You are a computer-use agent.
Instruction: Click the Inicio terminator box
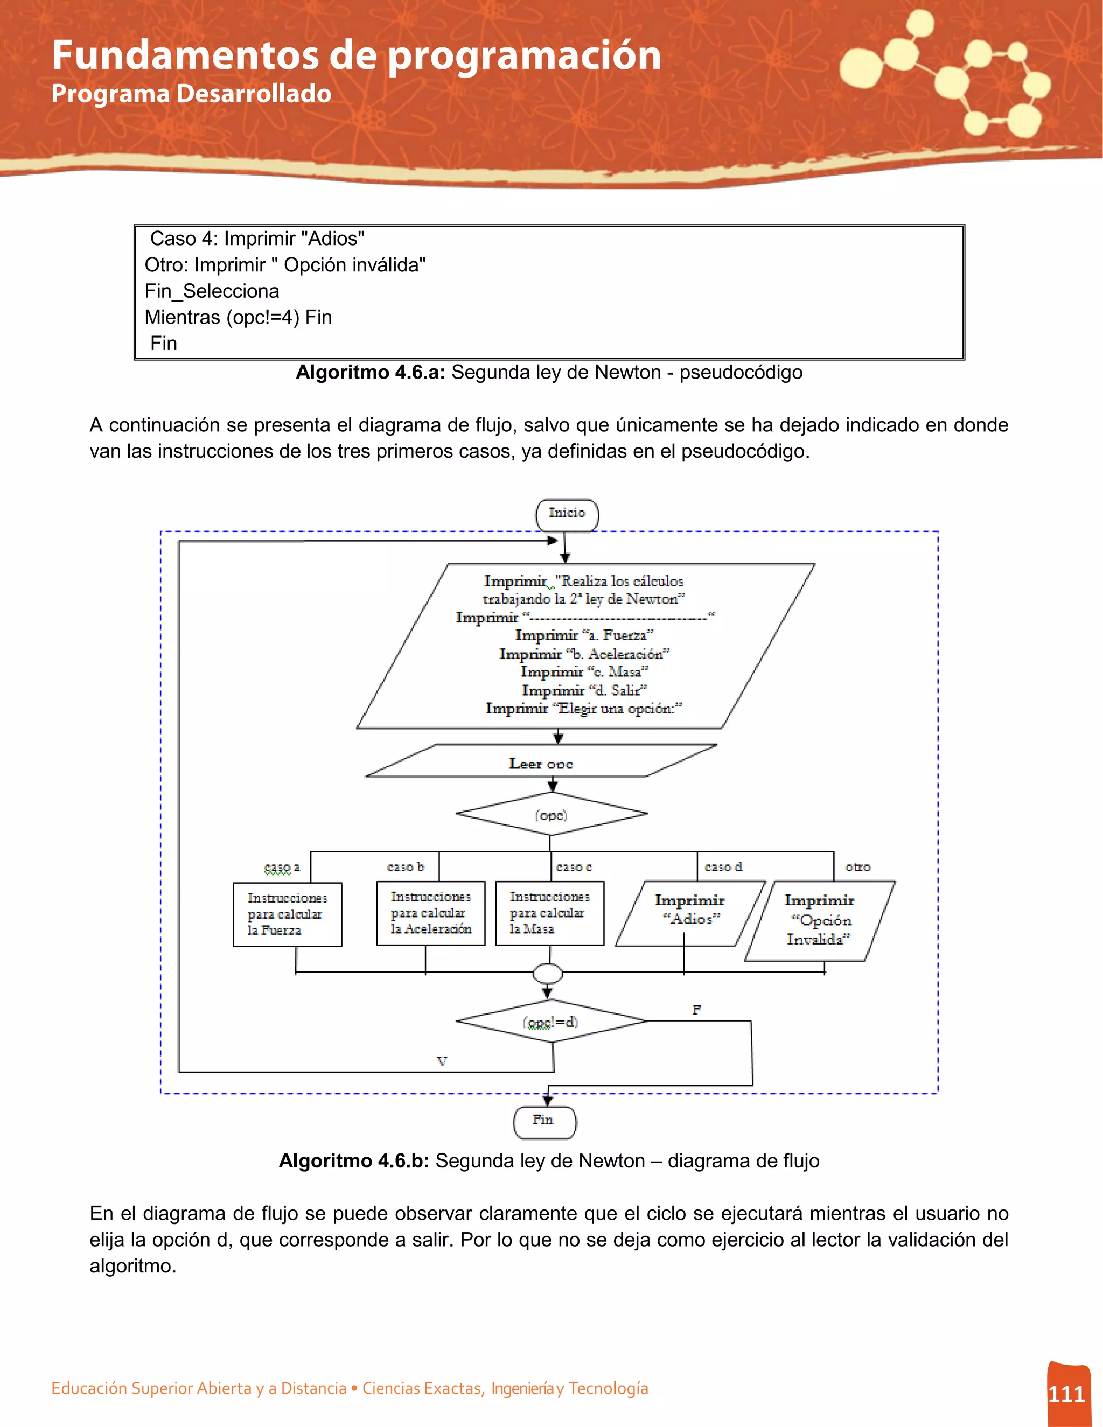pyautogui.click(x=567, y=514)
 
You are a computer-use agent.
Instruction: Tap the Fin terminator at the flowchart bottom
pyautogui.click(x=545, y=1121)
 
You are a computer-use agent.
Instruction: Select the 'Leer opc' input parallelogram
pyautogui.click(x=541, y=762)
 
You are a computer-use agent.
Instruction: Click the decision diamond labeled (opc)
pyautogui.click(x=551, y=814)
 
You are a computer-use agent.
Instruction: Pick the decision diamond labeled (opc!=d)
pyautogui.click(x=551, y=1021)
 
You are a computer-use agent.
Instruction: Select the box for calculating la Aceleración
pyautogui.click(x=431, y=913)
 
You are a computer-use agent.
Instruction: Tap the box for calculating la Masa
pyautogui.click(x=549, y=913)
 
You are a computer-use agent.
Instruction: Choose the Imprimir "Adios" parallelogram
pyautogui.click(x=689, y=912)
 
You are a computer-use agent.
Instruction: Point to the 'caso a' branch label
pyautogui.click(x=282, y=867)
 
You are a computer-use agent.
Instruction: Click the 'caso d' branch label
pyautogui.click(x=723, y=867)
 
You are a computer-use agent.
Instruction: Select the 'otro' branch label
pyautogui.click(x=857, y=867)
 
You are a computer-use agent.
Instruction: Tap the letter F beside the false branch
pyautogui.click(x=696, y=1010)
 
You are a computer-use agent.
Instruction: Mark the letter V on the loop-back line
pyautogui.click(x=442, y=1061)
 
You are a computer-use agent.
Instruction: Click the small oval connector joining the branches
pyautogui.click(x=548, y=974)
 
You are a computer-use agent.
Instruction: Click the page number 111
pyautogui.click(x=1066, y=1394)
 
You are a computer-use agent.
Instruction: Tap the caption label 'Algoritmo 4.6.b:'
pyautogui.click(x=353, y=1160)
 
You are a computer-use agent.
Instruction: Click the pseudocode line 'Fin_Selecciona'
pyautogui.click(x=212, y=291)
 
